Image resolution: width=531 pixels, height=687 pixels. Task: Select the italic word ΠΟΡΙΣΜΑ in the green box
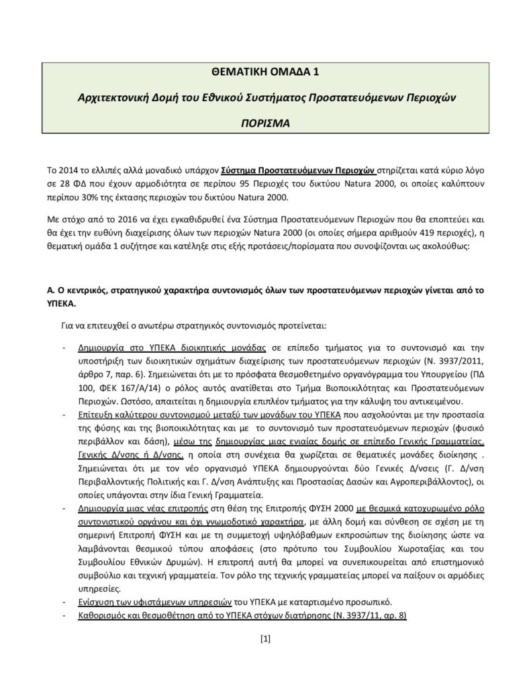pos(265,124)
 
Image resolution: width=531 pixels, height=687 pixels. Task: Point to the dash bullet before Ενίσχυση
pos(63,600)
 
